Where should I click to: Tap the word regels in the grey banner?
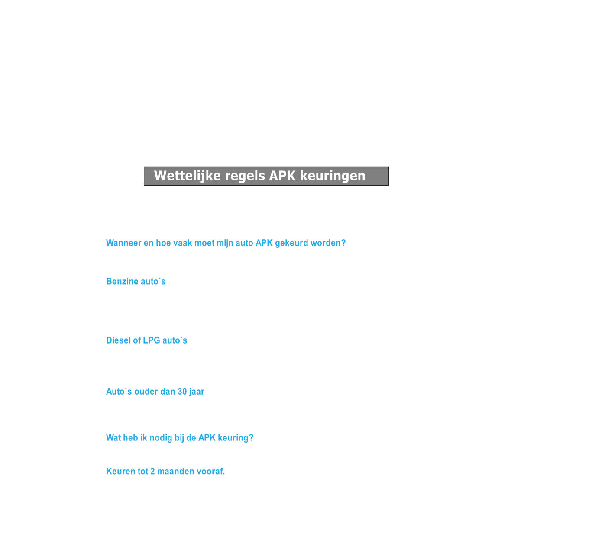click(245, 176)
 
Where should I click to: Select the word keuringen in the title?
click(332, 176)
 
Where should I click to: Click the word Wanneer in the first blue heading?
click(123, 243)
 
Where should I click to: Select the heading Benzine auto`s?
click(136, 282)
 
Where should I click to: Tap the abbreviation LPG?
click(152, 340)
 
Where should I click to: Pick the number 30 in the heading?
click(182, 392)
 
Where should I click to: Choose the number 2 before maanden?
click(152, 471)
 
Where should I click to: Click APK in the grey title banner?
click(282, 176)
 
